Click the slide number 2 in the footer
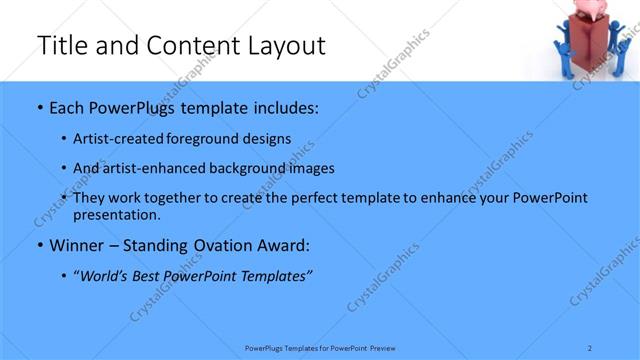(x=590, y=348)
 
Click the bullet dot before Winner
(x=39, y=245)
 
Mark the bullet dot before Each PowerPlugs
(x=39, y=106)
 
